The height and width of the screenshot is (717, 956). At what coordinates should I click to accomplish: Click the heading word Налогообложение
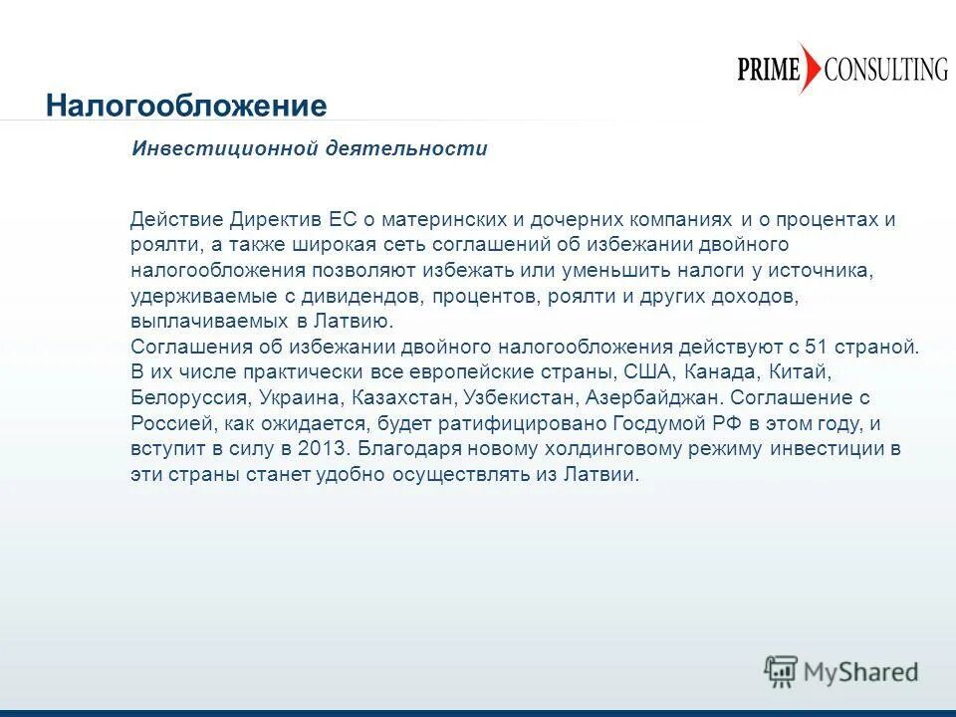(x=186, y=106)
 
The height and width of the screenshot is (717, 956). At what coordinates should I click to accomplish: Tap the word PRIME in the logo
(x=769, y=70)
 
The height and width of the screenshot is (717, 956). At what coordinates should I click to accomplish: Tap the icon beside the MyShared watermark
(x=781, y=671)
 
